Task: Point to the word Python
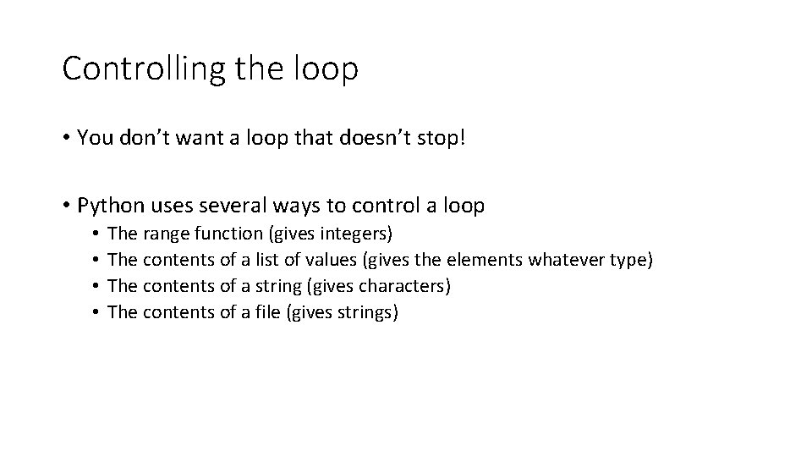click(x=109, y=205)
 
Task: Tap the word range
click(x=167, y=233)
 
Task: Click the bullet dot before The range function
click(x=97, y=233)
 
